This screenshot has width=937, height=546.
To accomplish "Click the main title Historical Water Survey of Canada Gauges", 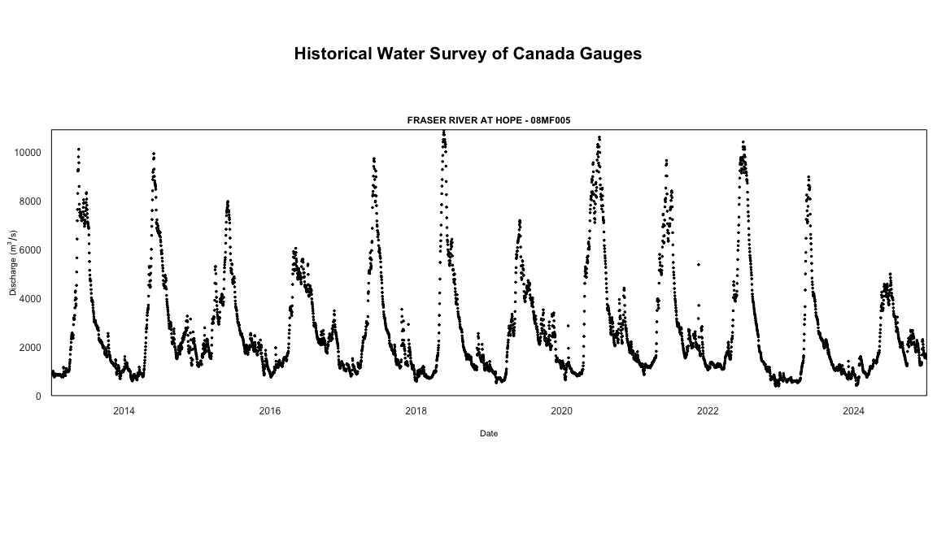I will [468, 54].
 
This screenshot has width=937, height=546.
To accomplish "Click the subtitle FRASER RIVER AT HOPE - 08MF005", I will [488, 120].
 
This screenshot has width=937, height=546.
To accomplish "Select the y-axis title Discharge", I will [13, 262].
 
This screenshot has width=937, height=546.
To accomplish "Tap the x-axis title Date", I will [488, 434].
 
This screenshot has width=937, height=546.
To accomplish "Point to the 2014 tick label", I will [124, 411].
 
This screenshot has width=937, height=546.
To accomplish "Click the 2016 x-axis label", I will [270, 411].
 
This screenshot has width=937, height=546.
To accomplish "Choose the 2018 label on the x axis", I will [416, 411].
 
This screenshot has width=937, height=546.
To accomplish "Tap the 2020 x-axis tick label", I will [561, 411].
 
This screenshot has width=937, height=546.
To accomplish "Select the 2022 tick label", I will [708, 411].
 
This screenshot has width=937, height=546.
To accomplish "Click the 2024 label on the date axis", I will [853, 411].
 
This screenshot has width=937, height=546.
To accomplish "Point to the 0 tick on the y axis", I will [38, 396].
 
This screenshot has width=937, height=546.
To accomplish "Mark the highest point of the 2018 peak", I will [443, 132].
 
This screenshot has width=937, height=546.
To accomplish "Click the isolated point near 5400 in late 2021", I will [698, 265].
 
